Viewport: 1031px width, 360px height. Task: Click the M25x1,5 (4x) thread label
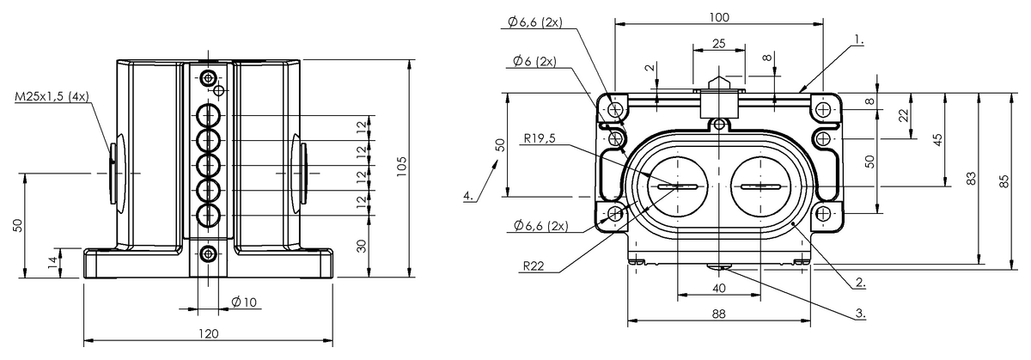[52, 97]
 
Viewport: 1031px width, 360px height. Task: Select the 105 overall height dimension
[401, 167]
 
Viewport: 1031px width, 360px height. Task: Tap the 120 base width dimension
[209, 333]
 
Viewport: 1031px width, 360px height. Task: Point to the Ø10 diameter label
[244, 302]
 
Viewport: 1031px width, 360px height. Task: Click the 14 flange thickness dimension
[53, 262]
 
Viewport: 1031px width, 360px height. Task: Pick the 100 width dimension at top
[719, 17]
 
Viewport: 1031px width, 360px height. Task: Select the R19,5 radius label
[540, 138]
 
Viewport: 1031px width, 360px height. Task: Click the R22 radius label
[534, 265]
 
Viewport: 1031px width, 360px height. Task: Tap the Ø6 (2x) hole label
[534, 61]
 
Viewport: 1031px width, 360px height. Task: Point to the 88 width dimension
[718, 314]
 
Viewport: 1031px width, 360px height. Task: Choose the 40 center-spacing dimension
[718, 288]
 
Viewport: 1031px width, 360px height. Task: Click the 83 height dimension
[970, 179]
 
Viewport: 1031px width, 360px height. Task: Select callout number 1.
[859, 40]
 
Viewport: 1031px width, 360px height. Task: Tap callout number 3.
[861, 314]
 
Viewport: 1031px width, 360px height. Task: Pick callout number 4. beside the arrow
[468, 196]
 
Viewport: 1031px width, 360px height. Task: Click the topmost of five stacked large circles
[209, 115]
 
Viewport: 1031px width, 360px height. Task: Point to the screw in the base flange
[209, 253]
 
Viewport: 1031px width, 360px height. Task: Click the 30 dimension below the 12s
[363, 247]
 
